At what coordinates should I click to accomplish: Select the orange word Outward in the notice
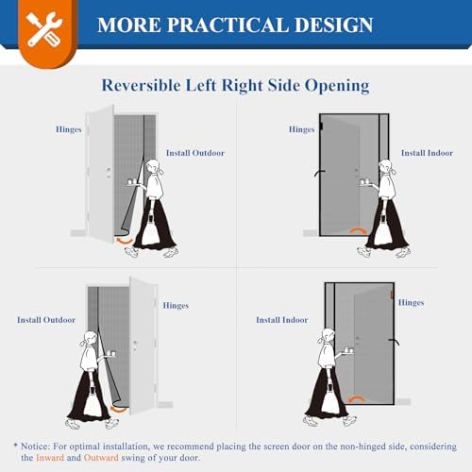pyautogui.click(x=119, y=456)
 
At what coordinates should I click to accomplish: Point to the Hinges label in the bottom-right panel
pyautogui.click(x=411, y=302)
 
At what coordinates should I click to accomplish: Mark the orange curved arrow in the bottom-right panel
pyautogui.click(x=355, y=398)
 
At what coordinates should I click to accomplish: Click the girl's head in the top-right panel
pyautogui.click(x=385, y=170)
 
